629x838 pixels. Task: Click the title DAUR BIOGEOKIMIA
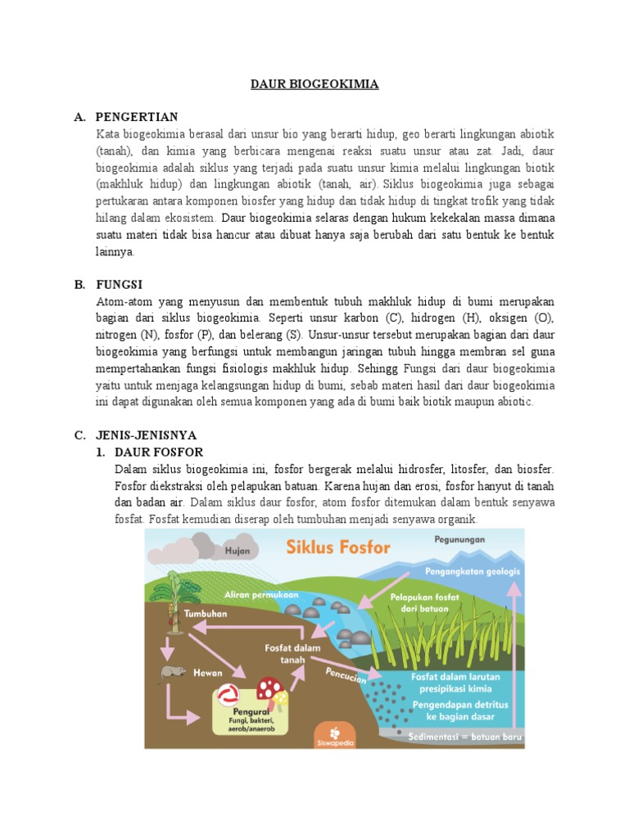(x=314, y=84)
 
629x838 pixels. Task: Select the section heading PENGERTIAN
(x=136, y=117)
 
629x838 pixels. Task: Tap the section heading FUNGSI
(x=119, y=284)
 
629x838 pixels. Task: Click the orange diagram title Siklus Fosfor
(x=338, y=547)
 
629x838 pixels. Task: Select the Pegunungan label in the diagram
(x=459, y=539)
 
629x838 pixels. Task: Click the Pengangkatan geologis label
(x=473, y=570)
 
